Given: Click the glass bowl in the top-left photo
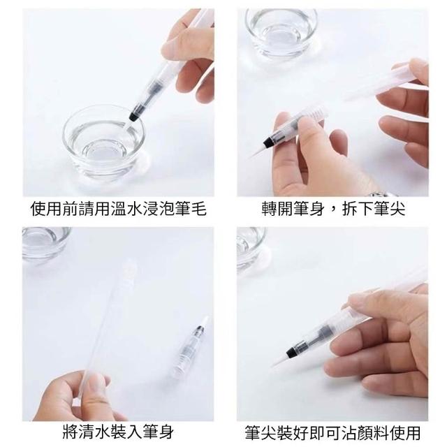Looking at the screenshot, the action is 104,142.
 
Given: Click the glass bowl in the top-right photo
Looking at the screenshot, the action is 281,31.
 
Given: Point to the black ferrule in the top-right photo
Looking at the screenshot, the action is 269,141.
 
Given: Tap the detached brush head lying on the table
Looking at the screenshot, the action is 189,346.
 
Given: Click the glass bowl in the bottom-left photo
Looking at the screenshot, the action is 46,244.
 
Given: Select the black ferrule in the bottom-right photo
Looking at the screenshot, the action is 293,351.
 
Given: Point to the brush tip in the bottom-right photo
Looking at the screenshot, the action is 280,360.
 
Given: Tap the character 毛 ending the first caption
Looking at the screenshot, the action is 198,209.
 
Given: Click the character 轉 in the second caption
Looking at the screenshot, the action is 270,209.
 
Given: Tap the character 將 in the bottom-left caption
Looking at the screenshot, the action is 71,432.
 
